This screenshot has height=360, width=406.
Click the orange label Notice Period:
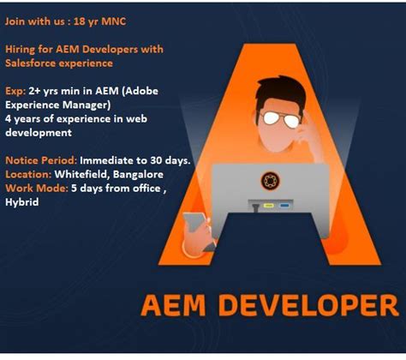pos(41,160)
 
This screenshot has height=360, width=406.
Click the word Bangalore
pos(152,174)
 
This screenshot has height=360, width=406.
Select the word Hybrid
pos(21,201)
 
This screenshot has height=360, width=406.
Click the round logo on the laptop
pos(270,181)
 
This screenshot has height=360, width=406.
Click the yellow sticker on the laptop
pos(266,206)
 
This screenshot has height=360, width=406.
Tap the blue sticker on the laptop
pos(283,206)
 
